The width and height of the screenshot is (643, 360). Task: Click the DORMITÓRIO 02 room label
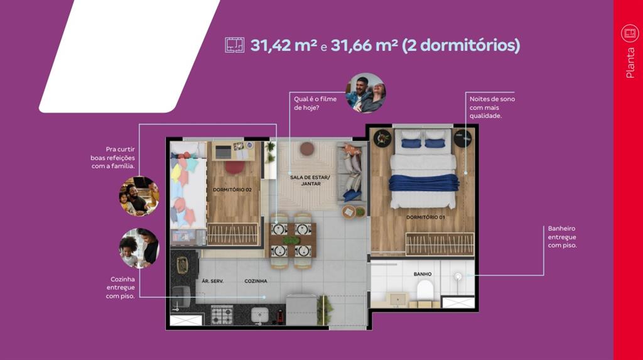[x=232, y=190]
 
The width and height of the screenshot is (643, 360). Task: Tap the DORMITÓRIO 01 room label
[x=425, y=217]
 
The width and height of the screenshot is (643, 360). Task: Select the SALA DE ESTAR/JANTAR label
[x=310, y=180]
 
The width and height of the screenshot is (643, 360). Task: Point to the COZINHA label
[x=256, y=281]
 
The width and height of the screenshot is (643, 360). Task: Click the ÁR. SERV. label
[x=212, y=281]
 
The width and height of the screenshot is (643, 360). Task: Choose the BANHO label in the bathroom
[x=423, y=274]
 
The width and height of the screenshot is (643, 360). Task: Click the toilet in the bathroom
[x=425, y=292]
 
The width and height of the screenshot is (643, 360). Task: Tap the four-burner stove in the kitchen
[x=222, y=315]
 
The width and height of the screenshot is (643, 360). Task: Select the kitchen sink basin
[x=259, y=315]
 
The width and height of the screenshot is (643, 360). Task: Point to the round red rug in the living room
[x=306, y=148]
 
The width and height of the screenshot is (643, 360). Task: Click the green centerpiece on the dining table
[x=291, y=240]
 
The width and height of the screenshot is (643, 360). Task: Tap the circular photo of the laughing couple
[x=366, y=93]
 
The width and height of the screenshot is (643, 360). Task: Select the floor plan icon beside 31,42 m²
[x=235, y=45]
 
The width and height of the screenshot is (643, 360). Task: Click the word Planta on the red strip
[x=630, y=63]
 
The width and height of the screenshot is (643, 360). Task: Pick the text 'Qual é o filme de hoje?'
[x=315, y=103]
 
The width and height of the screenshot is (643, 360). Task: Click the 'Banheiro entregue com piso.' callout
[x=562, y=237]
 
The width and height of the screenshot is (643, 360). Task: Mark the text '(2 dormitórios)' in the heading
[x=460, y=45]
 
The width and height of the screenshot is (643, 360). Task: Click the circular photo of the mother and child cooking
[x=139, y=248]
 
